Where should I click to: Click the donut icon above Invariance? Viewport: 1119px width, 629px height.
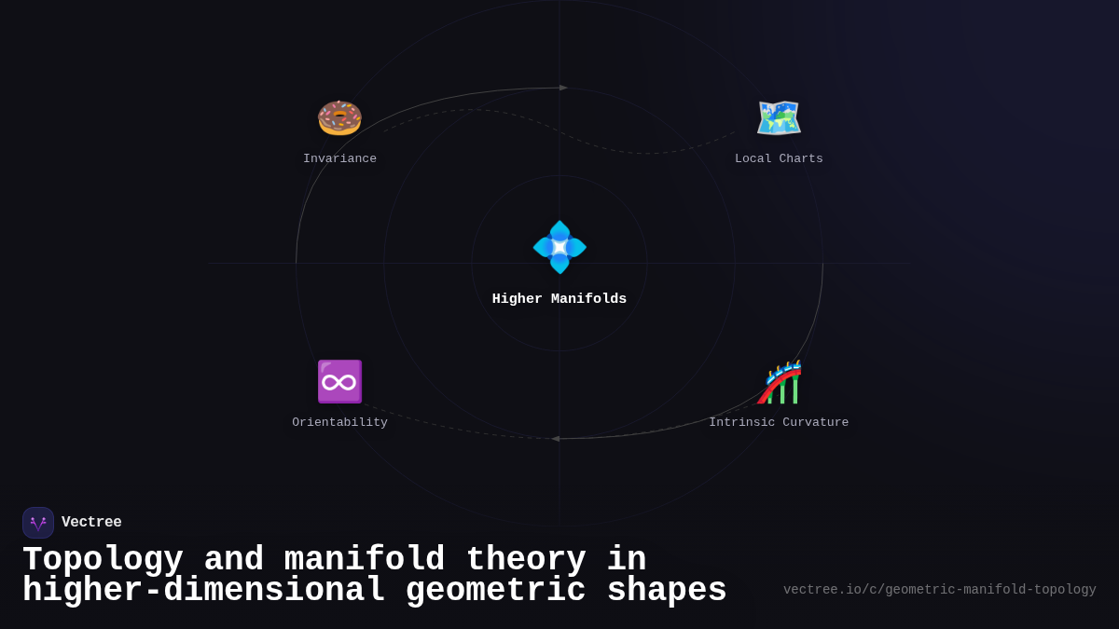tap(339, 118)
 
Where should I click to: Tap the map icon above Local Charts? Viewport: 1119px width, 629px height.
tap(779, 118)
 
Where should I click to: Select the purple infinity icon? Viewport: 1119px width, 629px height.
tap(339, 381)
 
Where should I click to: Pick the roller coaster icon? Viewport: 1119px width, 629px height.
tap(780, 382)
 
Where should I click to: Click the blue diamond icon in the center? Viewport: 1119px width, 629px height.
tap(559, 247)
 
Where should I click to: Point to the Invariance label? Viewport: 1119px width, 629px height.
tap(339, 159)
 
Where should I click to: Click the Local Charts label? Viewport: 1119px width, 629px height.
tap(779, 159)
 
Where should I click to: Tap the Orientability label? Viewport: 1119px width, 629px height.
tap(339, 423)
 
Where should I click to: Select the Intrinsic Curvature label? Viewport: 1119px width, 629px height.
tap(779, 423)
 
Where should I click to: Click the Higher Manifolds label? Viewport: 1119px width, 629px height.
tap(559, 299)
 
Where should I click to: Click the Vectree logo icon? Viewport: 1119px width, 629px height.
tap(38, 523)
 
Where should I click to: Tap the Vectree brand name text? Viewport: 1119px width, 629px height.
tap(91, 523)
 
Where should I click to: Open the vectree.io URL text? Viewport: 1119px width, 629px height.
tap(939, 590)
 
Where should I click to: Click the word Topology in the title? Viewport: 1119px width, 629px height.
tap(103, 560)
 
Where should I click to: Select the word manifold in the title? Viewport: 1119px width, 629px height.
tap(365, 560)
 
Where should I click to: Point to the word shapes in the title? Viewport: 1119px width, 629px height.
tap(666, 591)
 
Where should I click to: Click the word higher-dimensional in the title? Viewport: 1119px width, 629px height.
tap(204, 591)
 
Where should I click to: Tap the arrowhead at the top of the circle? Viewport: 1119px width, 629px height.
tap(563, 88)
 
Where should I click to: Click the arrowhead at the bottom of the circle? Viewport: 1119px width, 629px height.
tap(556, 439)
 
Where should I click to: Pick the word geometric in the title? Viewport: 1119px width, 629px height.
tap(496, 591)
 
